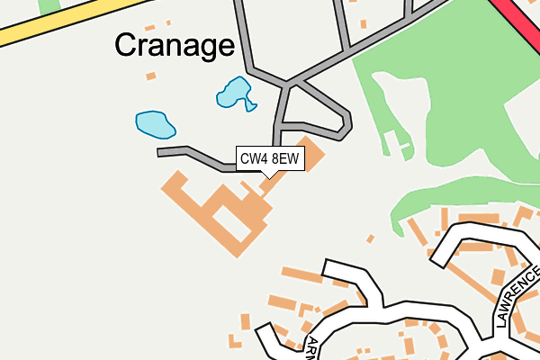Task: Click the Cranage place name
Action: click(x=175, y=45)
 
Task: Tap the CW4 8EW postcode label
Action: click(x=268, y=159)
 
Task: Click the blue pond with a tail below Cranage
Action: click(x=234, y=92)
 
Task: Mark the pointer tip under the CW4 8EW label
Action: click(x=268, y=177)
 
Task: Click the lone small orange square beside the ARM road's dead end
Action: click(x=370, y=238)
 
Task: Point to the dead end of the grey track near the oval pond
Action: click(x=160, y=152)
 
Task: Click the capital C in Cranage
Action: click(x=127, y=45)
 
